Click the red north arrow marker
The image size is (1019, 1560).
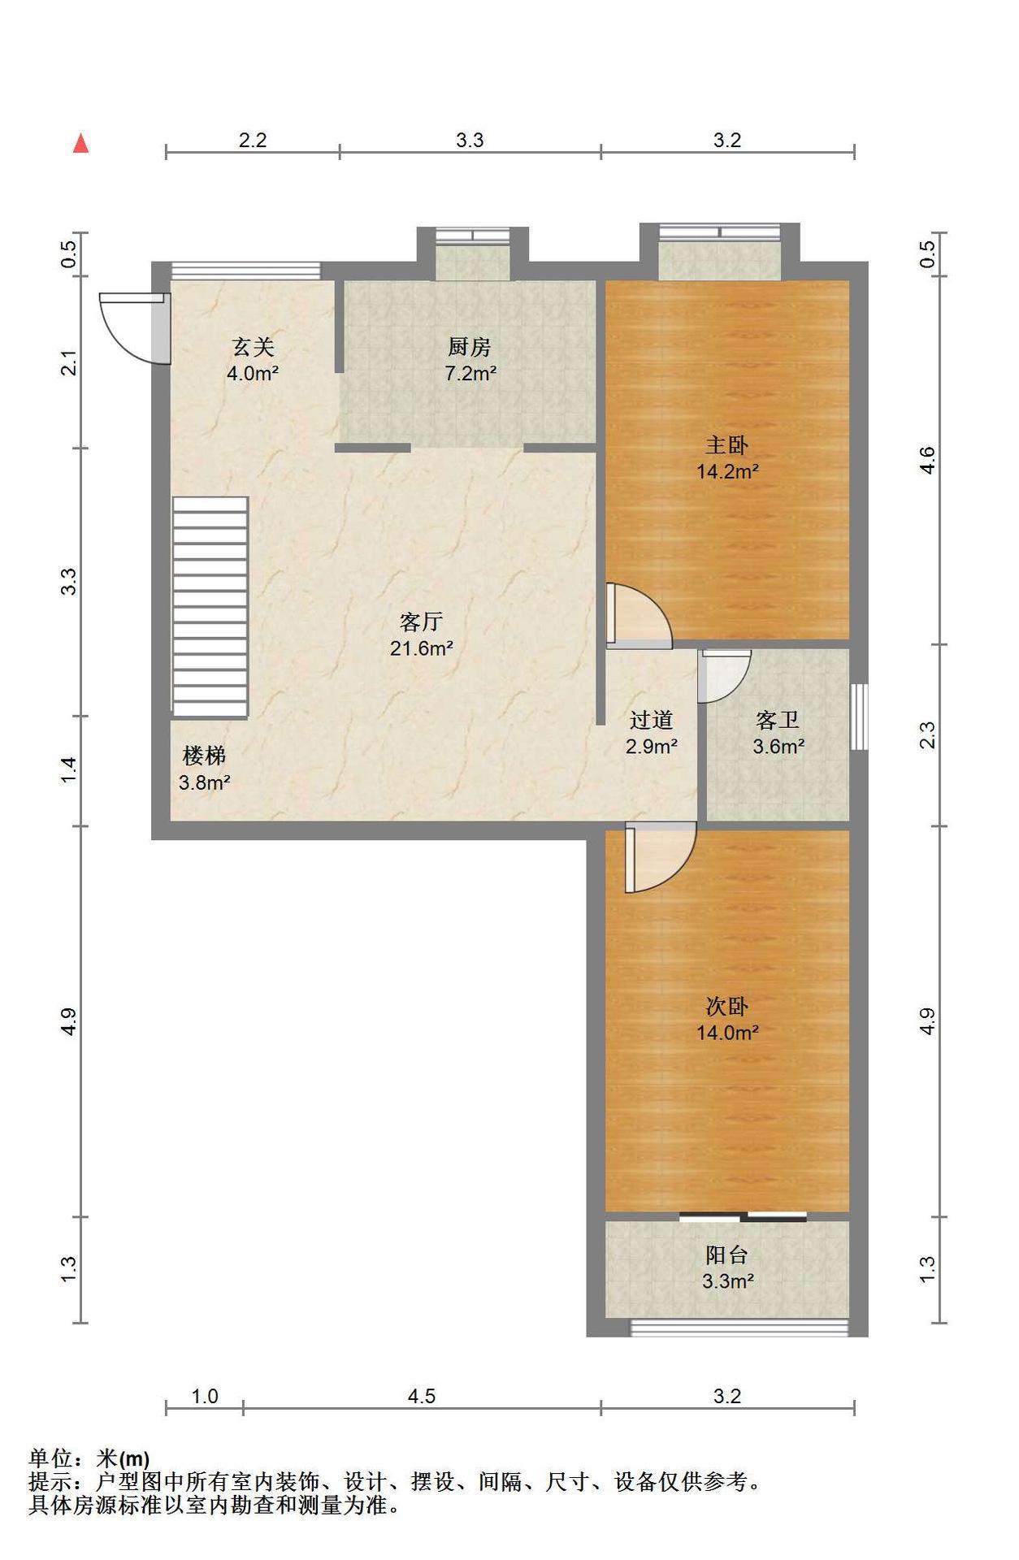coord(80,143)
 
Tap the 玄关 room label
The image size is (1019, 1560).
coord(253,347)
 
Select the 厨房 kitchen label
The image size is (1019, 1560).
coord(469,347)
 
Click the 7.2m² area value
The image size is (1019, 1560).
coord(470,374)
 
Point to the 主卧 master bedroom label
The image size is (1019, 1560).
coord(726,444)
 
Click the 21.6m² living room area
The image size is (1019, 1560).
coord(422,648)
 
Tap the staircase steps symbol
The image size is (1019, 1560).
coord(210,607)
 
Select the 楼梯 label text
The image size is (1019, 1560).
coord(204,756)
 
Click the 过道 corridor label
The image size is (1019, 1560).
coord(651,719)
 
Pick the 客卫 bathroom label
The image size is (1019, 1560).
coord(778,719)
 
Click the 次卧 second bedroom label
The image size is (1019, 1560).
coord(726,1006)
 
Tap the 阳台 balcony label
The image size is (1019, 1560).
coord(726,1254)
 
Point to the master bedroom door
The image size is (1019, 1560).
coord(640,615)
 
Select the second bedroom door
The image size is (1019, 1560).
coord(661,857)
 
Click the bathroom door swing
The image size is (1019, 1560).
coord(724,676)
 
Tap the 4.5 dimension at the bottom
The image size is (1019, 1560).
coord(421,1396)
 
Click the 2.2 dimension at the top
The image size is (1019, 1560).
coord(253,140)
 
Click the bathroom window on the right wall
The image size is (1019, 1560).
coord(859,717)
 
